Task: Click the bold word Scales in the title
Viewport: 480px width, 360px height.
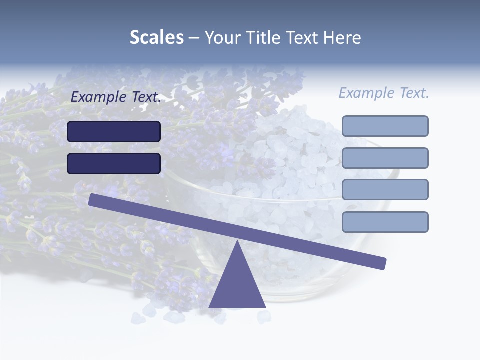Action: pyautogui.click(x=156, y=37)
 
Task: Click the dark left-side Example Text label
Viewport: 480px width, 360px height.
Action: pyautogui.click(x=116, y=97)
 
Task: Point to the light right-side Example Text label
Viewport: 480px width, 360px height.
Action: pyautogui.click(x=384, y=93)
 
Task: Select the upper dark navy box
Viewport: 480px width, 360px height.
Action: pyautogui.click(x=114, y=131)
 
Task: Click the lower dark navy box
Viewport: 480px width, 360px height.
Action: pyautogui.click(x=114, y=163)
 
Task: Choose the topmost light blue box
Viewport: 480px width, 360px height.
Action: pyautogui.click(x=385, y=126)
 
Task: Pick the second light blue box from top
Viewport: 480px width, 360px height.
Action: pyautogui.click(x=385, y=158)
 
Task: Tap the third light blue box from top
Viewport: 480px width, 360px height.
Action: pyautogui.click(x=385, y=190)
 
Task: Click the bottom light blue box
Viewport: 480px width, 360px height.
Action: pyautogui.click(x=385, y=222)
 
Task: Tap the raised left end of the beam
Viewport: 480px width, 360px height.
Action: pyautogui.click(x=93, y=199)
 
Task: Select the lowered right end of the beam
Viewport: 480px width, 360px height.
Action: pyautogui.click(x=382, y=263)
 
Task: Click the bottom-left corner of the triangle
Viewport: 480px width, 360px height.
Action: pyautogui.click(x=210, y=306)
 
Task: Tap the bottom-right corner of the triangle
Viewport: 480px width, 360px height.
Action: pyautogui.click(x=264, y=306)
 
